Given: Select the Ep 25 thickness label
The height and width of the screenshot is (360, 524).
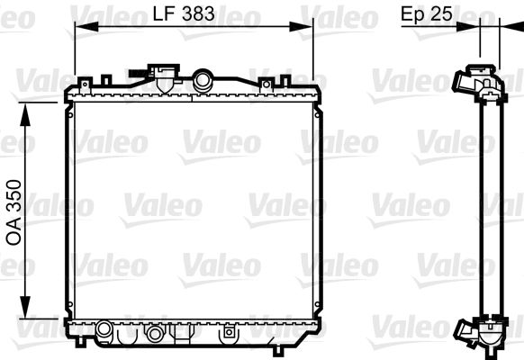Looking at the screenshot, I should (425, 13).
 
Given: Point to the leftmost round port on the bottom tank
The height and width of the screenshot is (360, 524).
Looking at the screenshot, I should (104, 328).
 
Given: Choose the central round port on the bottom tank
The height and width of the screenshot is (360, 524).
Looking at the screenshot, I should (156, 334).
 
